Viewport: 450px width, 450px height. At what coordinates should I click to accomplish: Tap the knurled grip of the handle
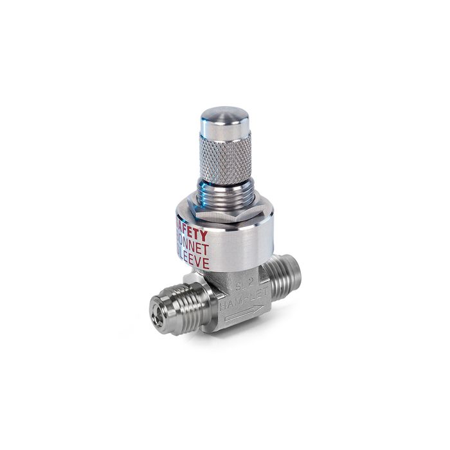pyautogui.click(x=226, y=161)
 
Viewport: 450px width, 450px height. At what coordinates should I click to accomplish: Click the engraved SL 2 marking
pyautogui.click(x=245, y=284)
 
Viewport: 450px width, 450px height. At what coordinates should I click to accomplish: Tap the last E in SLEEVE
pyautogui.click(x=208, y=253)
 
